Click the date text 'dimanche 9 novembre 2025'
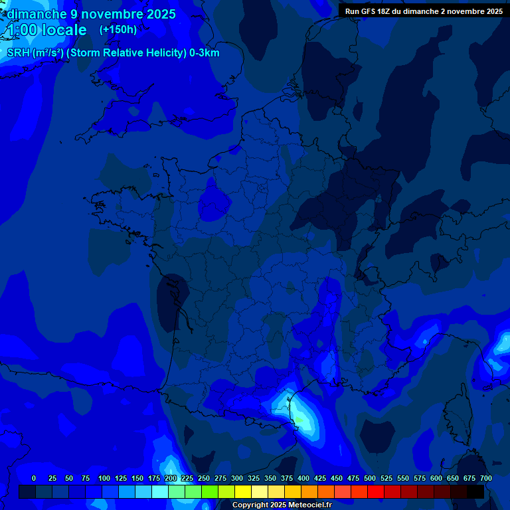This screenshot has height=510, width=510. [91, 14]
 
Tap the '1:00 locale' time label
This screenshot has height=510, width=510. [46, 30]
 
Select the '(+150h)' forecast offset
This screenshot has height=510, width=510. [118, 30]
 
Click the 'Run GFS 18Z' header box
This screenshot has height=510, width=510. [424, 11]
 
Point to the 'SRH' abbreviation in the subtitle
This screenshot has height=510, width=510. [19, 53]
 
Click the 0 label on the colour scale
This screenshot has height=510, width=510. [34, 478]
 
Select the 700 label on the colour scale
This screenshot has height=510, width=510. [485, 478]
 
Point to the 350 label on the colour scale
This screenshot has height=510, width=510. [270, 478]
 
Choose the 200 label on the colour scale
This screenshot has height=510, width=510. [171, 478]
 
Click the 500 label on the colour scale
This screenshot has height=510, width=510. [370, 478]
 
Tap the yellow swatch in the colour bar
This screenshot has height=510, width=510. [243, 491]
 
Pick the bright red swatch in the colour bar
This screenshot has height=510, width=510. [376, 491]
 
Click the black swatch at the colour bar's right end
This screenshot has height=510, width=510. [475, 491]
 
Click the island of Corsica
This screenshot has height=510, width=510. [457, 412]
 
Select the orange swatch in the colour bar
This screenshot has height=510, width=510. [309, 491]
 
